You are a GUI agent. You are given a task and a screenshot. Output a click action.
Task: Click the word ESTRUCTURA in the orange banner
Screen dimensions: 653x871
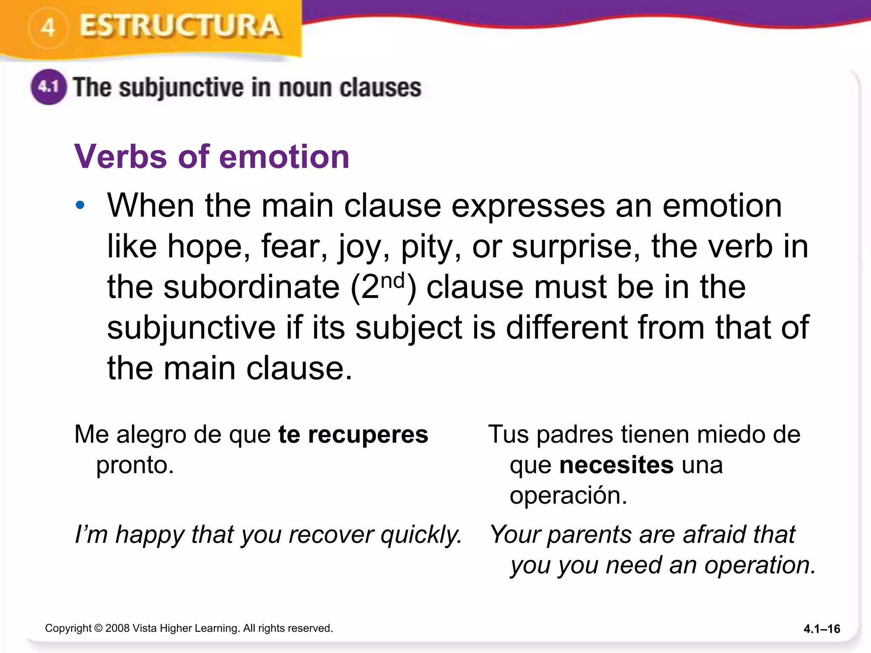[x=180, y=26]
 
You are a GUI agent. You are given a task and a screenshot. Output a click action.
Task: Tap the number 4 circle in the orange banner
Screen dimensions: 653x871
[x=48, y=28]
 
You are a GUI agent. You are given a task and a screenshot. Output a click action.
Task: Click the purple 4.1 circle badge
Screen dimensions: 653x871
[x=48, y=87]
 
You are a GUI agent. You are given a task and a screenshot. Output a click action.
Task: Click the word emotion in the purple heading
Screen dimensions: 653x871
[x=284, y=157]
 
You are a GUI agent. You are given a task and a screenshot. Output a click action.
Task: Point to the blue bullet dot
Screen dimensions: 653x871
[x=80, y=206]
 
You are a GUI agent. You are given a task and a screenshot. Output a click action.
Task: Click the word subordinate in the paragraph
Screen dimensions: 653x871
[x=251, y=287]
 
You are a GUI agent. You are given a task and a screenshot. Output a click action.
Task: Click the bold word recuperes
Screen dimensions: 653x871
[x=368, y=434]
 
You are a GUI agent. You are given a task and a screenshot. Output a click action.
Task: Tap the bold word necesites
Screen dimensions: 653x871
[x=616, y=465]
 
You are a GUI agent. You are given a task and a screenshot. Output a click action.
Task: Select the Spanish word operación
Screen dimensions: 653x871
[x=568, y=496]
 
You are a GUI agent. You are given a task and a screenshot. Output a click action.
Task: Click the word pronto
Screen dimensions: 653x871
[x=135, y=465]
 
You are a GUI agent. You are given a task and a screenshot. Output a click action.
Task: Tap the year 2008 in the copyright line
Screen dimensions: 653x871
[x=117, y=628]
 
